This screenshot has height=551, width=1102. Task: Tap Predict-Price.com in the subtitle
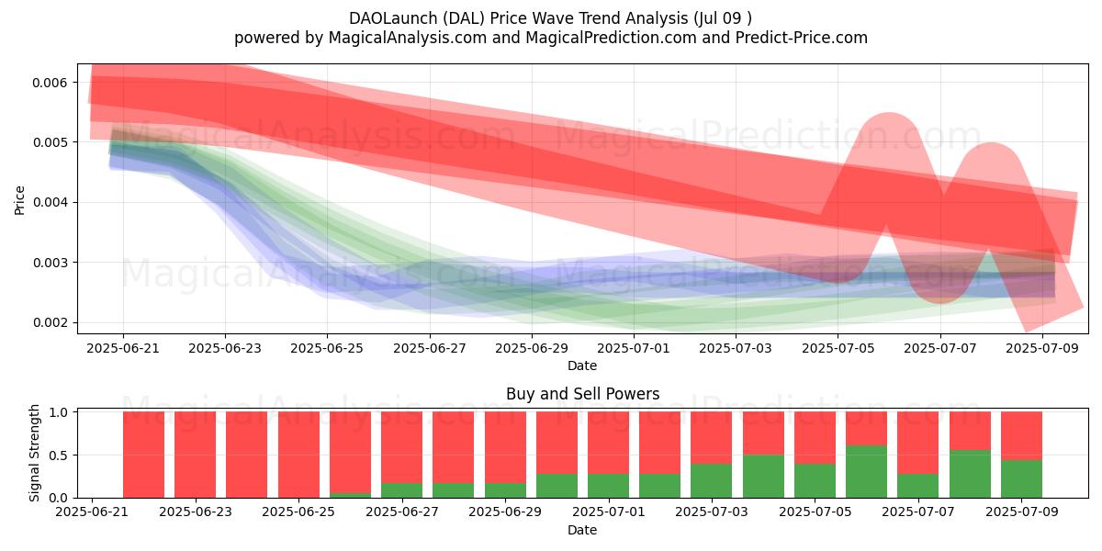pyautogui.click(x=802, y=38)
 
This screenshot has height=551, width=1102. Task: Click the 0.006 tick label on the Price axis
pyautogui.click(x=50, y=83)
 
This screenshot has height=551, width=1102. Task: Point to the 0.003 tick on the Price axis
pyautogui.click(x=50, y=264)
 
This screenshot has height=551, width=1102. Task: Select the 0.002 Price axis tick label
pyautogui.click(x=50, y=323)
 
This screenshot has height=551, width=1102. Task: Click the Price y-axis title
pyautogui.click(x=19, y=201)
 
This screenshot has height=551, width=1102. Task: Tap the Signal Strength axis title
pyautogui.click(x=34, y=453)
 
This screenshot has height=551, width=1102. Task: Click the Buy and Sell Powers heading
pyautogui.click(x=582, y=394)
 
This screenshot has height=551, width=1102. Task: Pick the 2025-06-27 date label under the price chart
pyautogui.click(x=430, y=348)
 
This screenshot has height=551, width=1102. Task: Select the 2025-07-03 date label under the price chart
pyautogui.click(x=736, y=348)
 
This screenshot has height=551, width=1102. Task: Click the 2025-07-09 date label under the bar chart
pyautogui.click(x=1022, y=512)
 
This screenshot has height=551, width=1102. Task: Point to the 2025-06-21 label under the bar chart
pyautogui.click(x=92, y=512)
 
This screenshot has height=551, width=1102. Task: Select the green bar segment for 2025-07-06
pyautogui.click(x=866, y=472)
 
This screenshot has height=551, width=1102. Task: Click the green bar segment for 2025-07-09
pyautogui.click(x=1021, y=479)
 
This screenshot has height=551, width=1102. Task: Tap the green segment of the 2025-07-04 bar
pyautogui.click(x=763, y=477)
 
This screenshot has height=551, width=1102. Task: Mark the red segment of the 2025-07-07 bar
pyautogui.click(x=918, y=443)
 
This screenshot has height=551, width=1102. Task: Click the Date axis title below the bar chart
pyautogui.click(x=582, y=531)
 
